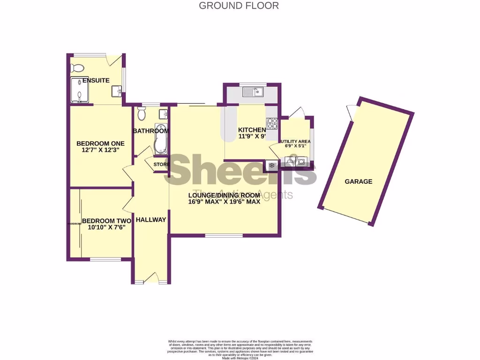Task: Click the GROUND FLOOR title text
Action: click(x=239, y=6)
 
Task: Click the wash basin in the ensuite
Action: click(x=117, y=90)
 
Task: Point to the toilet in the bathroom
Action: click(x=142, y=113)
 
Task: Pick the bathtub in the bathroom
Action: click(x=161, y=139)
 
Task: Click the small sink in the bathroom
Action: click(x=164, y=114)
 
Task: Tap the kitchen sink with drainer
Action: click(x=253, y=92)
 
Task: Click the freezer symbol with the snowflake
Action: click(x=271, y=165)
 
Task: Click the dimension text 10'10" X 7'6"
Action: click(x=106, y=227)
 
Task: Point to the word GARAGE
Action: click(x=358, y=181)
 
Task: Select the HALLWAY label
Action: click(x=150, y=219)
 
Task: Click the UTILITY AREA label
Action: click(x=295, y=141)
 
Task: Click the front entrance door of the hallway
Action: click(x=151, y=279)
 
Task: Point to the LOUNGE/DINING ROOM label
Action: click(x=224, y=195)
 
